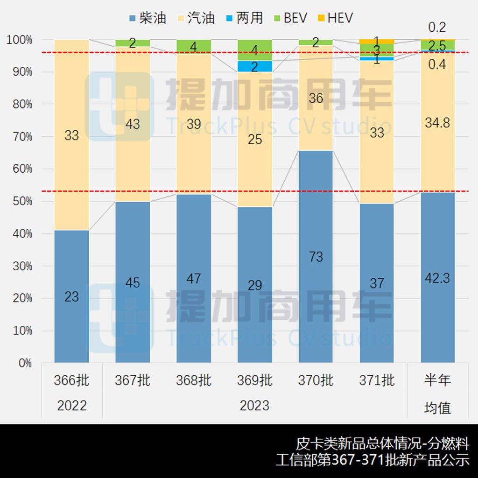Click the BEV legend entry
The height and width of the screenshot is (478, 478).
292,18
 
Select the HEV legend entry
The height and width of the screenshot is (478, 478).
335,18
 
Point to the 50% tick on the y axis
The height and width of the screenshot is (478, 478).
20,201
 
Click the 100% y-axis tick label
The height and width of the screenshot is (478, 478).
20,40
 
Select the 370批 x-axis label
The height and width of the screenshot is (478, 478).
316,380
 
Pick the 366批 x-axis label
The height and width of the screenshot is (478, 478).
71,380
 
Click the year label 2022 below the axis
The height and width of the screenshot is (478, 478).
71,406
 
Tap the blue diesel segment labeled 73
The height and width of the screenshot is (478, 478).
316,257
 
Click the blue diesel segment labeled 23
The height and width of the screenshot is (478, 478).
71,296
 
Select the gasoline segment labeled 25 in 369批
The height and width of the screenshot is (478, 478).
255,139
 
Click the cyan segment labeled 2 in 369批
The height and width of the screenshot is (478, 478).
255,66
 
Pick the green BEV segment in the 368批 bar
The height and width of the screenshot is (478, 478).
194,46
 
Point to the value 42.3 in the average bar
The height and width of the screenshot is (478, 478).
438,278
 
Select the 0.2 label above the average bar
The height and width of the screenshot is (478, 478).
437,27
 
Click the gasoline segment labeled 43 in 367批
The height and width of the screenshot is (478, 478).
133,124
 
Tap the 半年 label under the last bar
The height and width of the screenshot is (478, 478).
438,380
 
